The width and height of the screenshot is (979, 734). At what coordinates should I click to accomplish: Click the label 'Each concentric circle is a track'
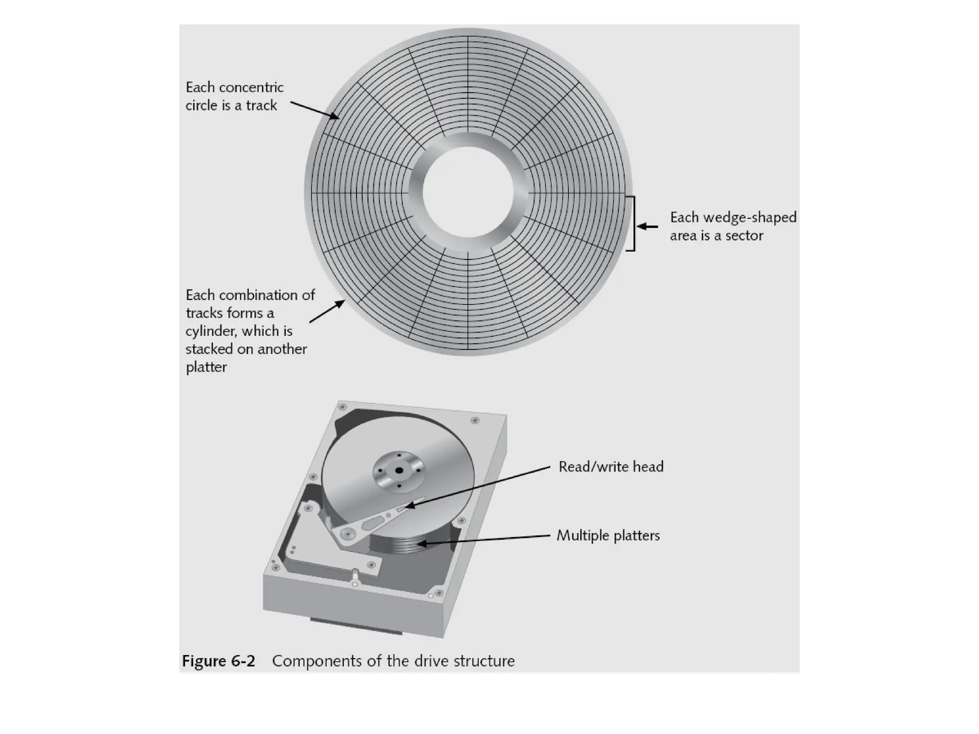pos(234,96)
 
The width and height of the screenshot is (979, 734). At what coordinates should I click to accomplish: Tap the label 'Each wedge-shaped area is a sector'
pos(732,226)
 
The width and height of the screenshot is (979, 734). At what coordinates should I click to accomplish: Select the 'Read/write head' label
pos(610,466)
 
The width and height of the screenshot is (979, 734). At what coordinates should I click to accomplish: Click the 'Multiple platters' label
pos(608,535)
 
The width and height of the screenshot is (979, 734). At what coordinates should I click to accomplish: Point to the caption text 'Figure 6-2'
pos(218,661)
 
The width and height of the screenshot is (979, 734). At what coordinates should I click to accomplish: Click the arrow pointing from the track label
pos(315,110)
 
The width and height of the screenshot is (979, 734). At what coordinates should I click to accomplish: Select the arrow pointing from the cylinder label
pos(327,312)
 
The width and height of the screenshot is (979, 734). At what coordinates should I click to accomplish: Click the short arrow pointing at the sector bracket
pos(648,227)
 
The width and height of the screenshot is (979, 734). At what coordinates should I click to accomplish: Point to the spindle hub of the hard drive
pos(398,471)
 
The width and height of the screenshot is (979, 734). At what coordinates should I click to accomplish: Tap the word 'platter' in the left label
pos(206,367)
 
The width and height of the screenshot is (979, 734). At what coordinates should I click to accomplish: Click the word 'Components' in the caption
pos(316,661)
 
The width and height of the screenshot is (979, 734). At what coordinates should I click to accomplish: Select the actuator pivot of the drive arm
pos(346,533)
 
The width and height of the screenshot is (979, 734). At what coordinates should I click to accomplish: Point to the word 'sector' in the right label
pos(744,236)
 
